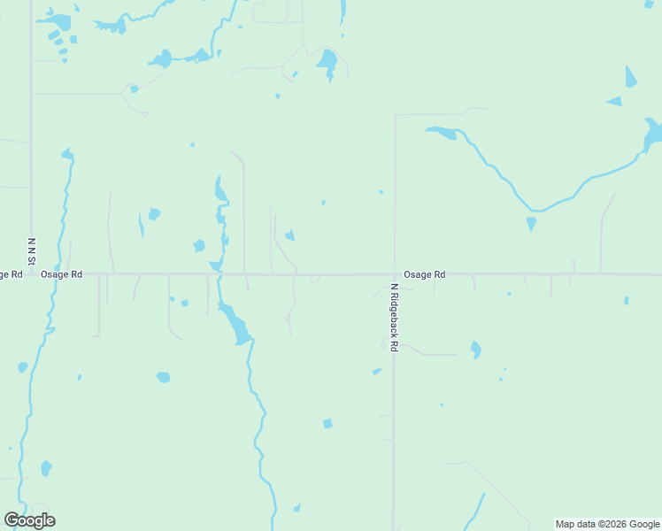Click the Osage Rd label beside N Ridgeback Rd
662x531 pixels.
424,274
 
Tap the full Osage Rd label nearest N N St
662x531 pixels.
61,274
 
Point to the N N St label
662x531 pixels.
31,250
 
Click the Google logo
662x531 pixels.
29,520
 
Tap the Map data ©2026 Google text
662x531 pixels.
607,524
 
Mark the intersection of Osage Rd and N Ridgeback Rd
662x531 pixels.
395,274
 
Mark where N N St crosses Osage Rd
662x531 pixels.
32,274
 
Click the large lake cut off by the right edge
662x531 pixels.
653,135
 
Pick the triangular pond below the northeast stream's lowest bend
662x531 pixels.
531,223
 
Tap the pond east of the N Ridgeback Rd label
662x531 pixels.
475,350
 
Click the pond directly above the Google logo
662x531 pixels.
46,468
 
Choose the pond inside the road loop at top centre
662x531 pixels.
327,62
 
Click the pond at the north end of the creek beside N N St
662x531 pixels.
66,155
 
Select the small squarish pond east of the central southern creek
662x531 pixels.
327,423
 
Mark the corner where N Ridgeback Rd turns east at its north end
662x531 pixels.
396,115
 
